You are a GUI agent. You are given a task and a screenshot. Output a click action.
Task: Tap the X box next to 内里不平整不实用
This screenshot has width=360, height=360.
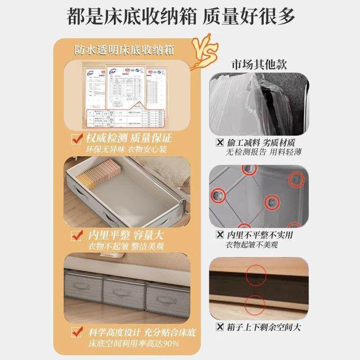click(220, 235)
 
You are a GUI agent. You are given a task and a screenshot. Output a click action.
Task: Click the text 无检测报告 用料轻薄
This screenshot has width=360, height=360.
click(264, 153)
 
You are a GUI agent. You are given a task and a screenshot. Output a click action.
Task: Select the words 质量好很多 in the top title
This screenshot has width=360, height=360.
click(249, 17)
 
